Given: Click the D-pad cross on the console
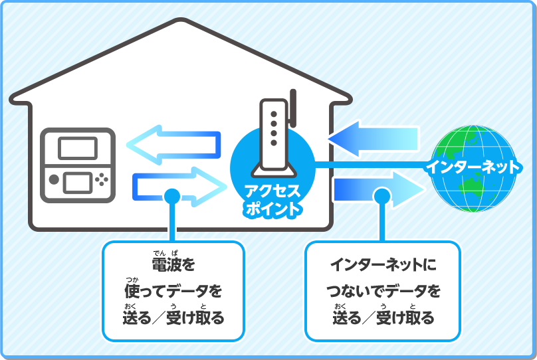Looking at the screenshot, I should point(102,179).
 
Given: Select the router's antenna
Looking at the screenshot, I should point(293,110).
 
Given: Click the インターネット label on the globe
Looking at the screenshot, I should point(471,167).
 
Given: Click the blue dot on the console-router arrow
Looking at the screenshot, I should point(171,196).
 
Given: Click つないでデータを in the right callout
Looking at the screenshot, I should point(382,291).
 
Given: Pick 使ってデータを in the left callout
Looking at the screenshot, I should point(173,291).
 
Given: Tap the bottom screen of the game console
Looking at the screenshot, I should point(78,179).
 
